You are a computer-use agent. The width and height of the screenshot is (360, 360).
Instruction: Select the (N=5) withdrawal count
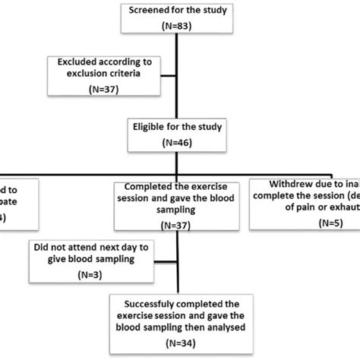click(x=303, y=224)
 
